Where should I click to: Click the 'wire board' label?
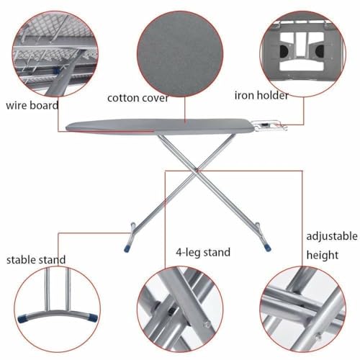[32, 104]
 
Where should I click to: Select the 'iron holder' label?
[261, 95]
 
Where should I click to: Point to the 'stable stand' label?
[36, 259]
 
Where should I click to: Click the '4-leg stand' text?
[203, 252]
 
